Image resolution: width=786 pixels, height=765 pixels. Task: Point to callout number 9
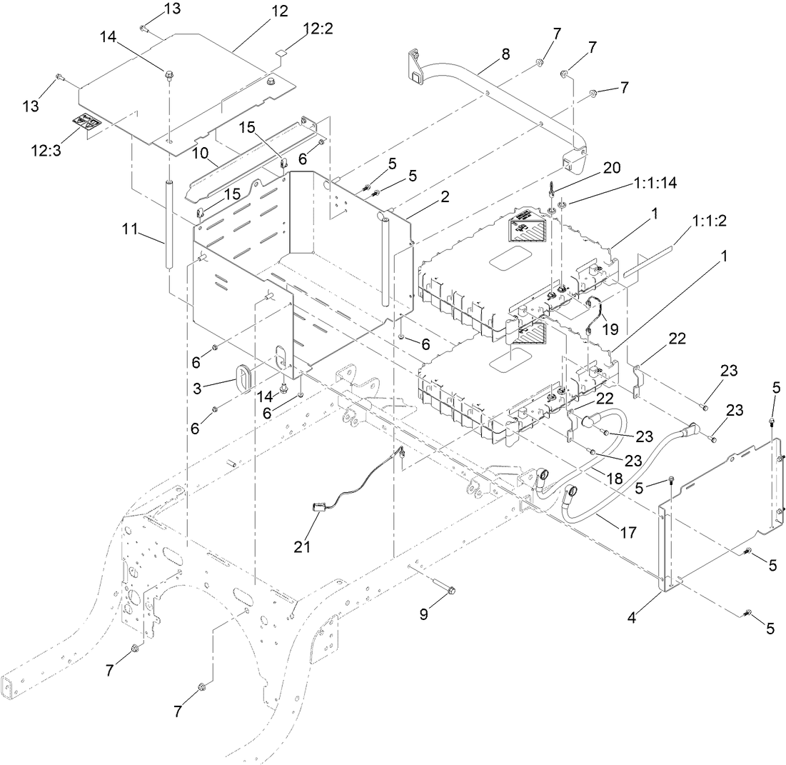424,613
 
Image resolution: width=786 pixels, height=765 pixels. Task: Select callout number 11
129,231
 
